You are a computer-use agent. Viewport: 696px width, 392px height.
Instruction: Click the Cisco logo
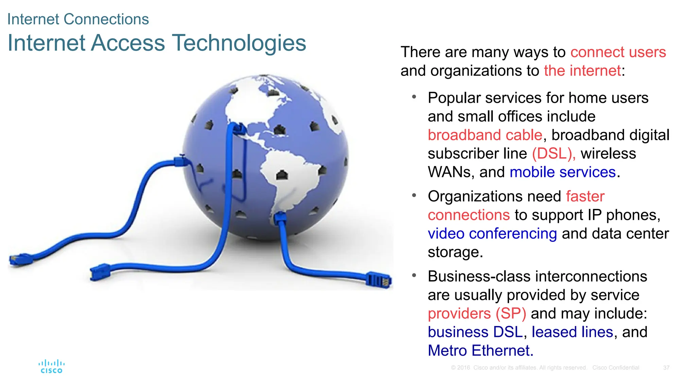pyautogui.click(x=51, y=366)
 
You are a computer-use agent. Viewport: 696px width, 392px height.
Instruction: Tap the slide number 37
pyautogui.click(x=666, y=368)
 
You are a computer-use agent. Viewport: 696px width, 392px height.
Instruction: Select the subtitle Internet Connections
pyautogui.click(x=78, y=19)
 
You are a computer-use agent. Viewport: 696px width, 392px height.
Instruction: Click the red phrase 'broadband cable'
pyautogui.click(x=485, y=135)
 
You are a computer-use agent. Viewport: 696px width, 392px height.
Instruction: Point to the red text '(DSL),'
pyautogui.click(x=554, y=153)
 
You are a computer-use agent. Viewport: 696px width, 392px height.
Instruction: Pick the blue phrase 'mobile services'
pyautogui.click(x=562, y=172)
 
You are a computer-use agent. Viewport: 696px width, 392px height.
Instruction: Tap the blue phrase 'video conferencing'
pyautogui.click(x=492, y=234)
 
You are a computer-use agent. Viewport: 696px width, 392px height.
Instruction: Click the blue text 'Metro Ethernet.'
pyautogui.click(x=481, y=351)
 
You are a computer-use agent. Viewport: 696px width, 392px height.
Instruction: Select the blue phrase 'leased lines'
pyautogui.click(x=572, y=332)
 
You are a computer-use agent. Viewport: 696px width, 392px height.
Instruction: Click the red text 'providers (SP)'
pyautogui.click(x=477, y=313)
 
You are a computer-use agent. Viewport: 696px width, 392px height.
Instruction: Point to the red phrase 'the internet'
pyautogui.click(x=582, y=71)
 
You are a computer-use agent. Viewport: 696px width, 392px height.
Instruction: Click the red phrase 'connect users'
pyautogui.click(x=618, y=52)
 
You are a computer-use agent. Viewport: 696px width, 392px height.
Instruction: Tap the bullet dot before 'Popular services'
pyautogui.click(x=414, y=97)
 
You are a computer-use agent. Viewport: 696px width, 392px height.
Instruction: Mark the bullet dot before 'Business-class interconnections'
pyautogui.click(x=414, y=275)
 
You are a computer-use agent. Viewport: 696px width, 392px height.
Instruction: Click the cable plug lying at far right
pyautogui.click(x=379, y=280)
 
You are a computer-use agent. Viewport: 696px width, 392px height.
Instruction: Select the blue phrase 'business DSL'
pyautogui.click(x=475, y=332)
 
